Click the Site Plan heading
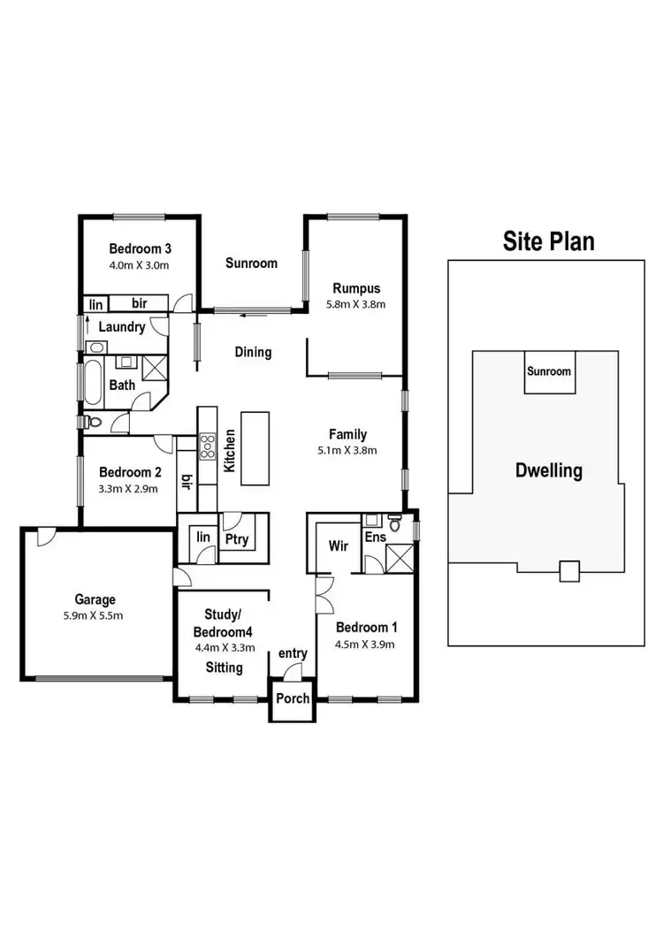pos(548,240)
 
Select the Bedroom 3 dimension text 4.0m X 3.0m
pos(139,265)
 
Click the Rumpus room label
pos(356,287)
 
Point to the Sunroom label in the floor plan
pos(251,263)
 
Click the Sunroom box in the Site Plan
pos(549,372)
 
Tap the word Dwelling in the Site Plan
pos(549,470)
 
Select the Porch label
pos(293,698)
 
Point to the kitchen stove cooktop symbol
pos(207,446)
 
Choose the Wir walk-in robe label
pos(338,546)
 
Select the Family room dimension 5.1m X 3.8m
pos(347,449)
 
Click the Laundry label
pos(121,327)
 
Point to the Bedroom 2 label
pos(129,471)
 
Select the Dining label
pos(253,352)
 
